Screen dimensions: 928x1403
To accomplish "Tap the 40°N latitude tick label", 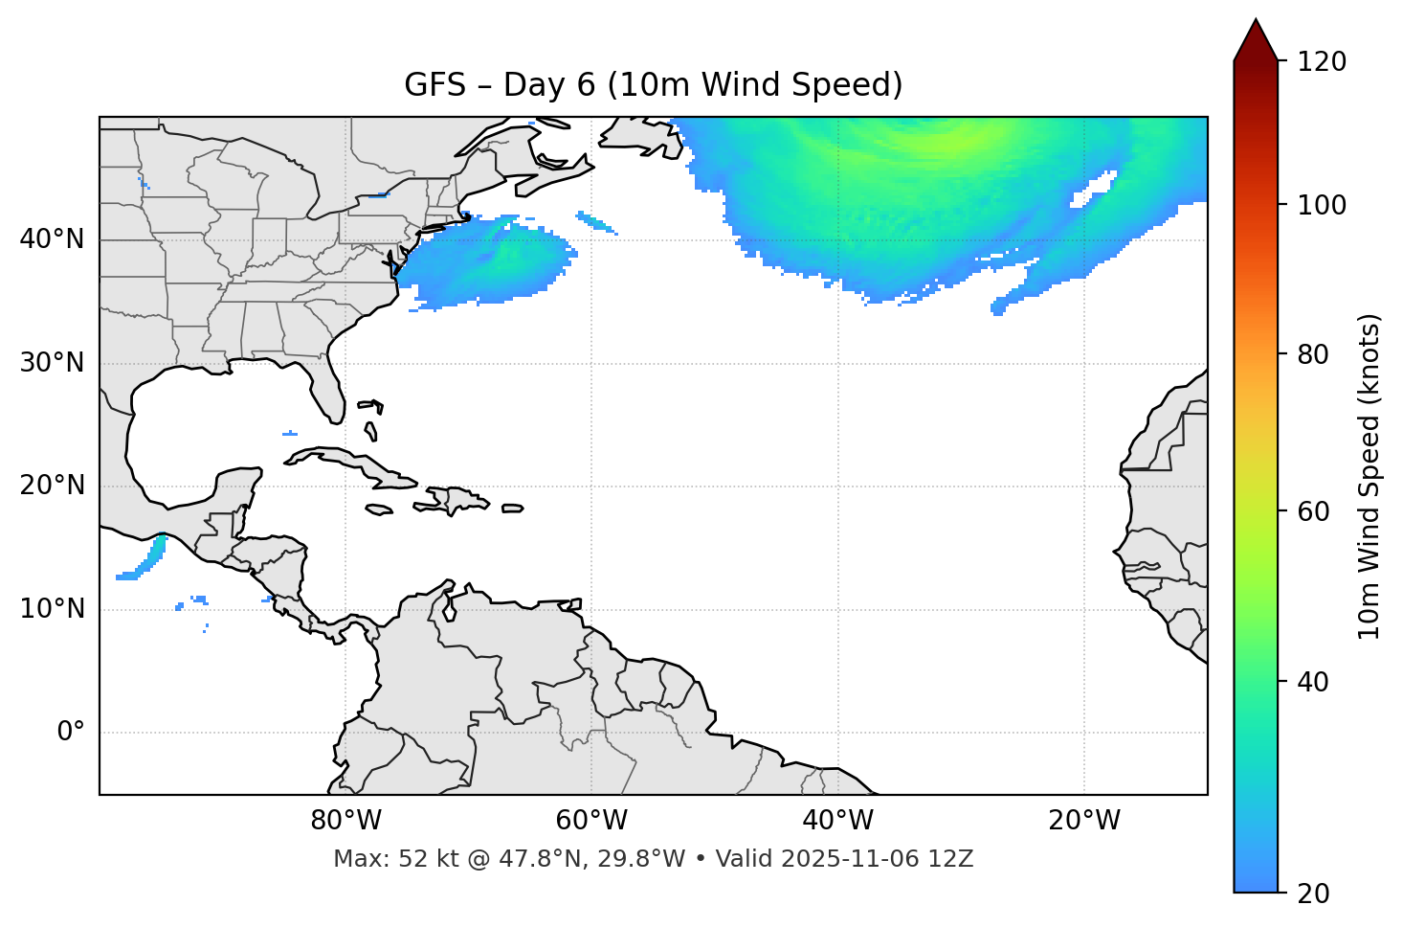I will [52, 238].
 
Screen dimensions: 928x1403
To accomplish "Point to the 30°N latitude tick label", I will [52, 363].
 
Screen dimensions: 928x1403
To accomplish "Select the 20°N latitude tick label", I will [52, 486].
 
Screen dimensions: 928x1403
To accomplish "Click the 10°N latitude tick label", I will [52, 609].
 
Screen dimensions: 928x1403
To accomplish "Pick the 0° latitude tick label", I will [71, 733].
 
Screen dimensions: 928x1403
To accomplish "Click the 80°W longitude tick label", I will [345, 821].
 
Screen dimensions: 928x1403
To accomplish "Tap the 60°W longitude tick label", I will [591, 821].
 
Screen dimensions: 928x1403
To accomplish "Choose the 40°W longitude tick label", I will [837, 821].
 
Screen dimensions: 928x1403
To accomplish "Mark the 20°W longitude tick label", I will [1083, 821].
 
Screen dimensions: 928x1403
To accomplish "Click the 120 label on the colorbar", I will [1322, 61].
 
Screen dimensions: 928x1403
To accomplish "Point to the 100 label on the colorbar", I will [1322, 205].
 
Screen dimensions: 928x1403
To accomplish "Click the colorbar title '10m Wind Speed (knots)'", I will [1370, 476].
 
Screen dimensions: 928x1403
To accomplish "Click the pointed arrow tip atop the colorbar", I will [1256, 23].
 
